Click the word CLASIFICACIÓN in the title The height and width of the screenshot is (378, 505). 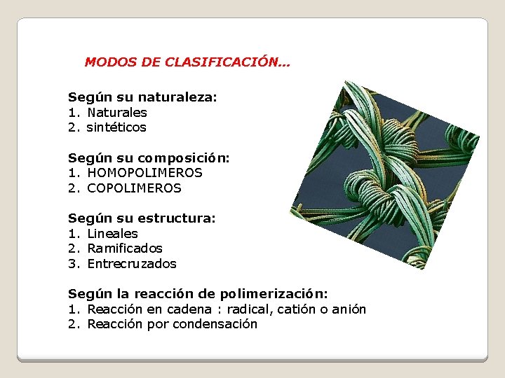coord(227,62)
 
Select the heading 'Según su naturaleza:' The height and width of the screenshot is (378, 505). coord(142,97)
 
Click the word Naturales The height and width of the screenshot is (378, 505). coord(117,113)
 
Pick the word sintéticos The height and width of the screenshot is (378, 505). coord(116,127)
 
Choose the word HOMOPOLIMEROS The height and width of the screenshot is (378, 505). coord(144,173)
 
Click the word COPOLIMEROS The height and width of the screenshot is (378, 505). coord(134,188)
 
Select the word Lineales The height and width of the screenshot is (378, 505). coord(112,234)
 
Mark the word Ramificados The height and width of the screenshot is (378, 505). coord(125,248)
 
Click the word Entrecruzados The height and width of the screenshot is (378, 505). coord(132,264)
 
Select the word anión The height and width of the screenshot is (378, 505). coord(349,309)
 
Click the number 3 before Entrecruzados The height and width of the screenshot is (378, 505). coord(72,264)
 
